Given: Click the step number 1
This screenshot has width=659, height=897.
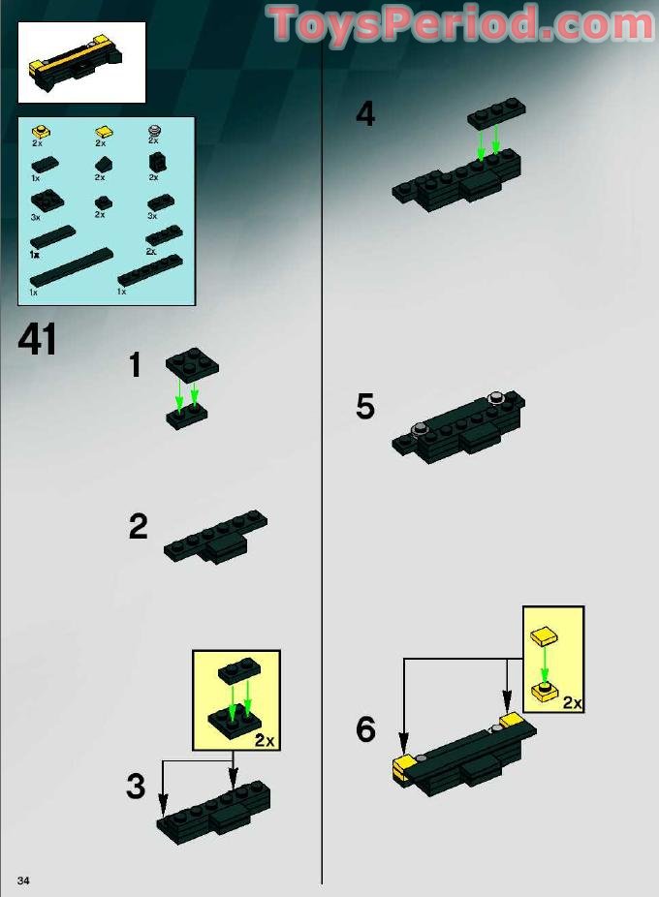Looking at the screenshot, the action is click(135, 365).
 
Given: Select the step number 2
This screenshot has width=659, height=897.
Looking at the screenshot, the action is click(138, 526).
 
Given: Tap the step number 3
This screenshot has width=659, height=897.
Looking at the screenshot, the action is click(136, 786).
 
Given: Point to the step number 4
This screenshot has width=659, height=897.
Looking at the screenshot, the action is click(365, 113).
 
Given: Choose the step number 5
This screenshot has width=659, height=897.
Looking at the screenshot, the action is click(365, 407).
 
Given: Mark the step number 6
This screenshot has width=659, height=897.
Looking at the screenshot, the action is click(366, 729).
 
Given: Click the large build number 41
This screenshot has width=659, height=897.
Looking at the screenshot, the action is click(38, 339).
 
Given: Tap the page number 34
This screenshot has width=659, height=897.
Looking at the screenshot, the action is click(23, 880).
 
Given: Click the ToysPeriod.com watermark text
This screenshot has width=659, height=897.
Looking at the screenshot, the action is click(461, 23).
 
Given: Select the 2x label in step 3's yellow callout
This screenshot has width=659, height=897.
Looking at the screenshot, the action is click(265, 740).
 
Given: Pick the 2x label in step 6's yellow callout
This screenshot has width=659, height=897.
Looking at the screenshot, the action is click(572, 702).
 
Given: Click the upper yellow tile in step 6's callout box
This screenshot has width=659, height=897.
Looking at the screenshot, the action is click(545, 635).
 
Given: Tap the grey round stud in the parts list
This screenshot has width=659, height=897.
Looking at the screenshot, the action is click(154, 131).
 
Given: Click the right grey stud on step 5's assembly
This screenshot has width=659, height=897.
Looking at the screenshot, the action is click(496, 397).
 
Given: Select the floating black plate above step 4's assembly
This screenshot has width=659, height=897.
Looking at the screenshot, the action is click(497, 114).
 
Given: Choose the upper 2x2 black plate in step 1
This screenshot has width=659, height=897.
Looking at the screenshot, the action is click(193, 361).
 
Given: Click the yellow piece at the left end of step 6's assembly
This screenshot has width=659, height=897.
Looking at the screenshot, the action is click(404, 768).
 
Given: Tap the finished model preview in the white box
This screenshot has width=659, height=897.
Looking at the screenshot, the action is click(80, 62).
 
